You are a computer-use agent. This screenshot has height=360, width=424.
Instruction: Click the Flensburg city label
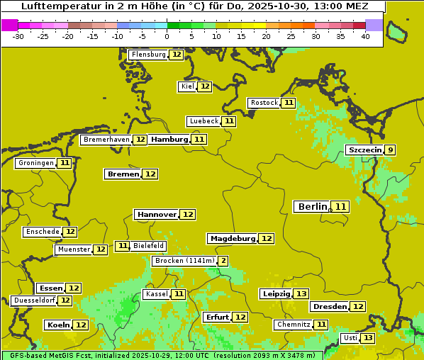click(148, 55)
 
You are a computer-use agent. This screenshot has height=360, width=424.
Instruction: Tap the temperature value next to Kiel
click(205, 86)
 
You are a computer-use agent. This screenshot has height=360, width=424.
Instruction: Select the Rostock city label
click(264, 103)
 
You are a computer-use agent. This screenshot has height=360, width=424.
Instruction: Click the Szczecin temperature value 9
click(390, 150)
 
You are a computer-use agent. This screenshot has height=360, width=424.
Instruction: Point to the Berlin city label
click(313, 207)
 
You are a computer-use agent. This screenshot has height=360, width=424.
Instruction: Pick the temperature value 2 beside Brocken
click(223, 261)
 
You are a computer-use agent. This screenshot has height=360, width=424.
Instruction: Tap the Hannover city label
click(157, 214)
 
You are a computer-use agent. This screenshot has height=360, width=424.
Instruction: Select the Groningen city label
click(35, 163)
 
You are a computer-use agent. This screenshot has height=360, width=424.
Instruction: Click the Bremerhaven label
click(106, 140)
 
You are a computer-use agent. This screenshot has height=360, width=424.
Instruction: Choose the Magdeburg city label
click(232, 239)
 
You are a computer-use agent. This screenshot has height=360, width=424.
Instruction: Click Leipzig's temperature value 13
click(301, 293)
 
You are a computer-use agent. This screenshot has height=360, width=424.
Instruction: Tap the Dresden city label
click(329, 307)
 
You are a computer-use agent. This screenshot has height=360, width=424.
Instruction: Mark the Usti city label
click(350, 338)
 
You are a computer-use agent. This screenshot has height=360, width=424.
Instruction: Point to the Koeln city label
click(58, 325)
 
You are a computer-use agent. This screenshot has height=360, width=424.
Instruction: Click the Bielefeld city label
click(148, 246)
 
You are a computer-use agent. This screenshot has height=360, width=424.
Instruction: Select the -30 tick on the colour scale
click(18, 36)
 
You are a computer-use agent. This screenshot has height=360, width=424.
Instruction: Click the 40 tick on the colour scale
click(365, 36)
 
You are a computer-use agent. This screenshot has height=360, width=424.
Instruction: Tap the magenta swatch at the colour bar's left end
click(9, 25)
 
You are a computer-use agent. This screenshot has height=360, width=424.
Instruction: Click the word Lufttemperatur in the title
click(53, 6)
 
